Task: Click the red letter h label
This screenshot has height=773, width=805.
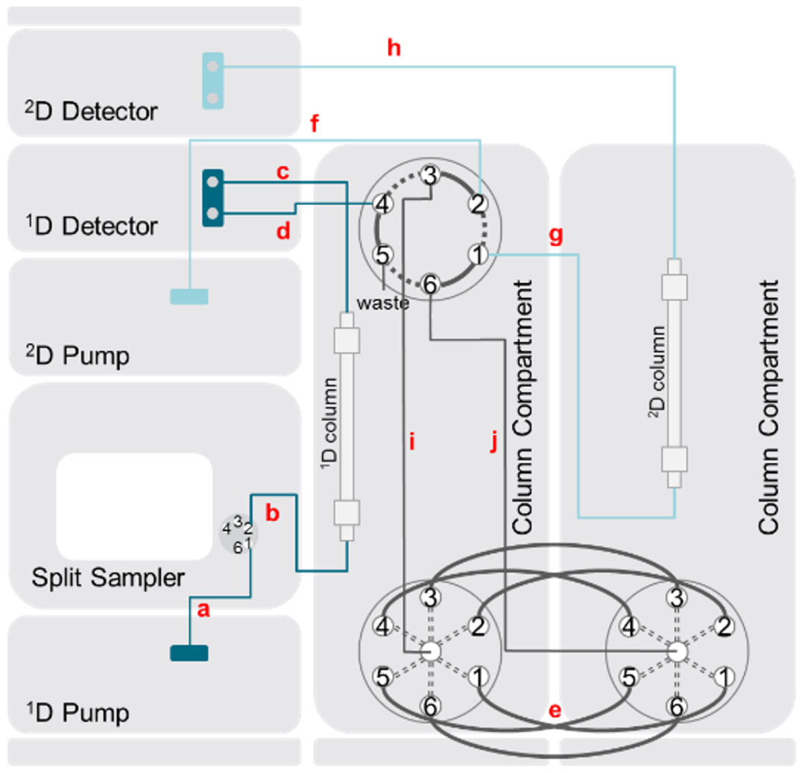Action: click(x=394, y=48)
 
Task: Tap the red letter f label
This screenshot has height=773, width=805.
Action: click(x=315, y=123)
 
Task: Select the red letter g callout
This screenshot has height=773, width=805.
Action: click(x=556, y=235)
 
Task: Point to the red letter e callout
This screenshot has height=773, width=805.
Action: click(x=555, y=710)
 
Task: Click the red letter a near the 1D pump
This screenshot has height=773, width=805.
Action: click(x=203, y=610)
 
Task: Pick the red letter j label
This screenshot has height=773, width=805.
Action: click(x=494, y=441)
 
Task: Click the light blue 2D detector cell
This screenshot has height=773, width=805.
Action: click(x=212, y=81)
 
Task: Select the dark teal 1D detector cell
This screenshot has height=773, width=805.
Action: click(x=212, y=198)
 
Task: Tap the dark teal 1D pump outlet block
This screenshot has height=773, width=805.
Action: click(x=189, y=653)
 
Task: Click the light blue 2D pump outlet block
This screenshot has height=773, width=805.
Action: click(x=189, y=296)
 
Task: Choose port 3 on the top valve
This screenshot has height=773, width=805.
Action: click(x=430, y=175)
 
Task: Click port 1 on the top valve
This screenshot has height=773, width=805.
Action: click(x=479, y=255)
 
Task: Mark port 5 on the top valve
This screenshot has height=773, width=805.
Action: click(x=382, y=255)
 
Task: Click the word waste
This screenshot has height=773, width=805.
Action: click(x=383, y=303)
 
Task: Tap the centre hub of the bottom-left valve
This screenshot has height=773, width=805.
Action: click(x=431, y=651)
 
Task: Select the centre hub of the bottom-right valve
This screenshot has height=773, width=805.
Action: click(x=677, y=651)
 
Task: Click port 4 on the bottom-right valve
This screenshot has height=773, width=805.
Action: click(x=629, y=627)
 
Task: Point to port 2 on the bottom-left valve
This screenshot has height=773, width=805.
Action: click(x=479, y=626)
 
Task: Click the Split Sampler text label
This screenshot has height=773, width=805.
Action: click(x=108, y=578)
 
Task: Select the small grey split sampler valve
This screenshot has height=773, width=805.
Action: click(x=239, y=534)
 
